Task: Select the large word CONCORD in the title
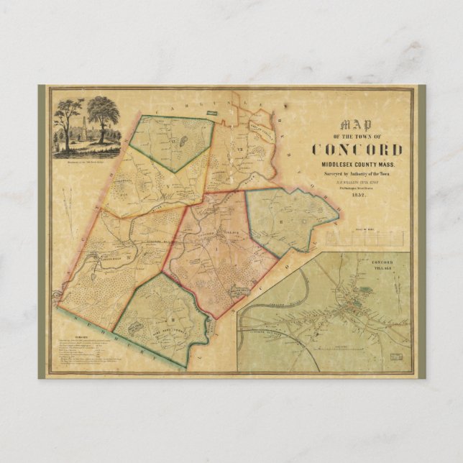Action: pos(357,150)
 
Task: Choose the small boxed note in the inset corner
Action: pos(395,355)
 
